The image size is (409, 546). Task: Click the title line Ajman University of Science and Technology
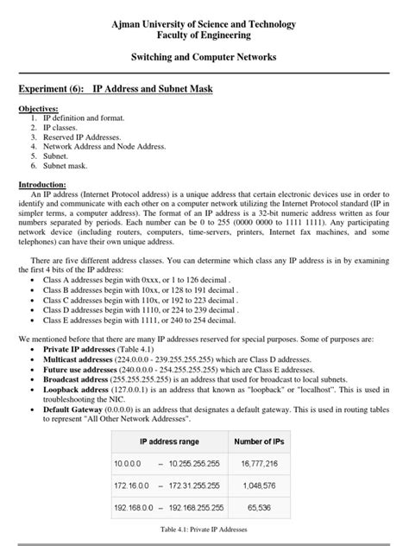click(204, 25)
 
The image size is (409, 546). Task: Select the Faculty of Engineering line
click(204, 36)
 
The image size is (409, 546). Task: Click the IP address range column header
click(170, 441)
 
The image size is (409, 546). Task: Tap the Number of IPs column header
click(260, 441)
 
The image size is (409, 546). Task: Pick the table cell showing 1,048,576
click(259, 486)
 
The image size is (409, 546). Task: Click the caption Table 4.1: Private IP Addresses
click(204, 530)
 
